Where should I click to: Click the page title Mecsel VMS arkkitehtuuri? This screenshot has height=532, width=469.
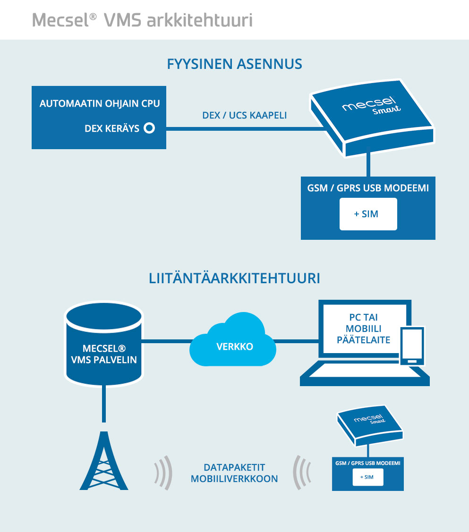[x=142, y=20]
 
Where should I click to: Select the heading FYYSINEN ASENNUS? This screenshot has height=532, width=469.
[x=234, y=64]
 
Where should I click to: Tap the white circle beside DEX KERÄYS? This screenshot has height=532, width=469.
[x=149, y=128]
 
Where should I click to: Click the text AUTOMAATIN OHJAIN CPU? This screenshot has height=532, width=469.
[x=100, y=103]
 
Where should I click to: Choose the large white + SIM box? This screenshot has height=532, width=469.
[x=368, y=214]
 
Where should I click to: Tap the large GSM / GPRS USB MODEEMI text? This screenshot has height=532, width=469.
[x=368, y=188]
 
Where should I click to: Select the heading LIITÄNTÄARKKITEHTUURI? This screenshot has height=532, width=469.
[x=234, y=279]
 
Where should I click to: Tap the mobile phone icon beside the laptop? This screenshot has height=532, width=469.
[x=412, y=346]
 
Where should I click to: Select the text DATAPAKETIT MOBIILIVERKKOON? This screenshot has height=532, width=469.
[x=234, y=473]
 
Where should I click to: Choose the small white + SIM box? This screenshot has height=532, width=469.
[x=367, y=478]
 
